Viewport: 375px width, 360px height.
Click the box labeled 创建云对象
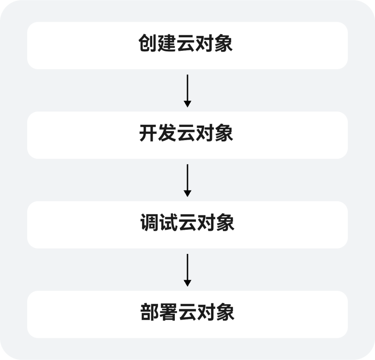(187, 45)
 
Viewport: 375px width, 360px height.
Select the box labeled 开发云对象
(187, 135)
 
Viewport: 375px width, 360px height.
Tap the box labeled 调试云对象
(187, 225)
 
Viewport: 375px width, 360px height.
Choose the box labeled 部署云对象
(187, 314)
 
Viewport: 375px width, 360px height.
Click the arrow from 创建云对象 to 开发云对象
(187, 91)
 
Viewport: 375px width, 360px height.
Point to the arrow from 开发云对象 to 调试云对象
(187, 180)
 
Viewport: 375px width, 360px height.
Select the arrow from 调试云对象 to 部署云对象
(187, 270)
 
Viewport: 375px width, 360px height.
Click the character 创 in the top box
(148, 43)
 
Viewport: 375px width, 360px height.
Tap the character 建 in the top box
(167, 43)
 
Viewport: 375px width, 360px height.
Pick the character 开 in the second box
(148, 133)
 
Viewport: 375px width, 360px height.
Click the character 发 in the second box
(167, 133)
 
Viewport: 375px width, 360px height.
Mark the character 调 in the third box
(149, 223)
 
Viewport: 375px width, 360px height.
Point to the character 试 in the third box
(168, 223)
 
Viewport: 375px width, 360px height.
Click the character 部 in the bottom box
(149, 312)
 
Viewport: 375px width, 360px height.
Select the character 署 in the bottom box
(168, 312)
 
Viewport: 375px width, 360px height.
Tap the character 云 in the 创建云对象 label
(186, 43)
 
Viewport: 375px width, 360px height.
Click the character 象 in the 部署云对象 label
(225, 312)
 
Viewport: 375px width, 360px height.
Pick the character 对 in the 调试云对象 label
(207, 223)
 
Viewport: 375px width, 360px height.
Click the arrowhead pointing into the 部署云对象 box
(187, 283)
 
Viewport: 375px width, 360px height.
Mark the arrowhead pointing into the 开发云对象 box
(187, 104)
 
